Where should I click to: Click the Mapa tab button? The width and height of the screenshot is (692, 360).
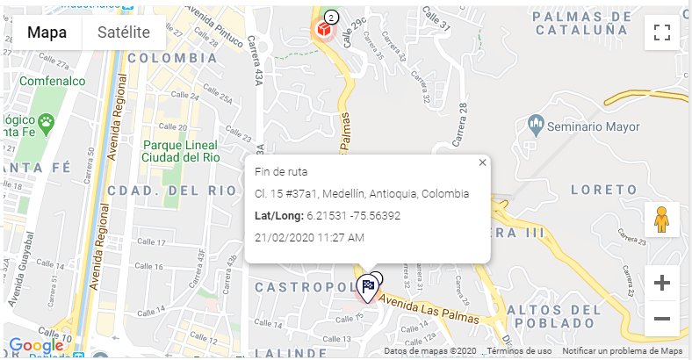[x=47, y=32]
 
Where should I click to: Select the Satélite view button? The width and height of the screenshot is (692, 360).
[x=124, y=32]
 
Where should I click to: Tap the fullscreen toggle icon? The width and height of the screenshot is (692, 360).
[x=662, y=33]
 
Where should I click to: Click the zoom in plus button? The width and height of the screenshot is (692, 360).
[x=662, y=283]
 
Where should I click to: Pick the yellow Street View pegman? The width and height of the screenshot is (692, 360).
[x=662, y=219]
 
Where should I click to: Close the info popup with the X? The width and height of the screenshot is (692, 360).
[x=482, y=162]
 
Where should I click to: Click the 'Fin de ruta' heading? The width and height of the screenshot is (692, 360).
[x=281, y=171]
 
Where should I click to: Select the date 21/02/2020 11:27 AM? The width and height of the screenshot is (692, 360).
[x=310, y=237]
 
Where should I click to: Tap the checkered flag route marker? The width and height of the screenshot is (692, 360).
[x=368, y=285]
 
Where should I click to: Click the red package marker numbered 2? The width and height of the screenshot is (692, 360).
[x=324, y=29]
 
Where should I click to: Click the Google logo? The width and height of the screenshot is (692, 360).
[x=36, y=345]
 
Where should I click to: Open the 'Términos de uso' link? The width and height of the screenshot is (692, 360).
[x=520, y=351]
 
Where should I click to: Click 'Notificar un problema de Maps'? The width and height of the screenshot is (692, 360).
[x=623, y=351]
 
